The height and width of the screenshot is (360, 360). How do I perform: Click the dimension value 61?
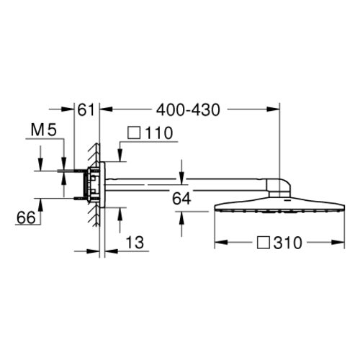click(86, 110)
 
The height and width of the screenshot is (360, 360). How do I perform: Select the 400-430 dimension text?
click(188, 110)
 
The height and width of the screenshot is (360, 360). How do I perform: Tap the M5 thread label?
click(44, 130)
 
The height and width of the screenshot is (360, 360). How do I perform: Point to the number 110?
click(159, 133)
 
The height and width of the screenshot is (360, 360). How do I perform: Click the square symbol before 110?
click(134, 133)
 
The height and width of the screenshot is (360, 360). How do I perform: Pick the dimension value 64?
click(181, 199)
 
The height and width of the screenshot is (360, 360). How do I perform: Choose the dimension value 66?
click(26, 217)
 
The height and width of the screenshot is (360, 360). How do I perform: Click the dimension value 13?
click(135, 242)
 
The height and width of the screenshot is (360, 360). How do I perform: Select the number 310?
click(287, 243)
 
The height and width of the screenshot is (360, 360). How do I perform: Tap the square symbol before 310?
click(263, 243)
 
